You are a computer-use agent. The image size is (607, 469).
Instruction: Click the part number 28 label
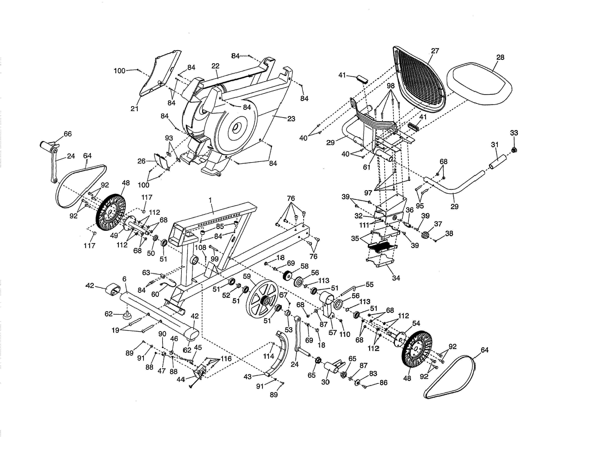coord(500,58)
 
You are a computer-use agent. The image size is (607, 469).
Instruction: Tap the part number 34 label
coord(396,278)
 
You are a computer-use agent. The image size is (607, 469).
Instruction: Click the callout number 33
coord(514,133)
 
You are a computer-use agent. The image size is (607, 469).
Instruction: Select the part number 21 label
coord(134,109)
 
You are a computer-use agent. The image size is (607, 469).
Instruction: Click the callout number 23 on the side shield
coord(291,119)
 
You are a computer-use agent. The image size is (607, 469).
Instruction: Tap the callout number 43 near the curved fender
coord(247,377)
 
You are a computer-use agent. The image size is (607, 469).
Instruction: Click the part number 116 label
coord(226,359)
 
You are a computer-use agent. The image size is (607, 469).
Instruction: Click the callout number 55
coord(369,285)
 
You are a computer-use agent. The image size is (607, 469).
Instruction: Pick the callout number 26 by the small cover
coord(141,161)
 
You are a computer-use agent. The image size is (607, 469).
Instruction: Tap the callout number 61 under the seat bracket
coord(367,167)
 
